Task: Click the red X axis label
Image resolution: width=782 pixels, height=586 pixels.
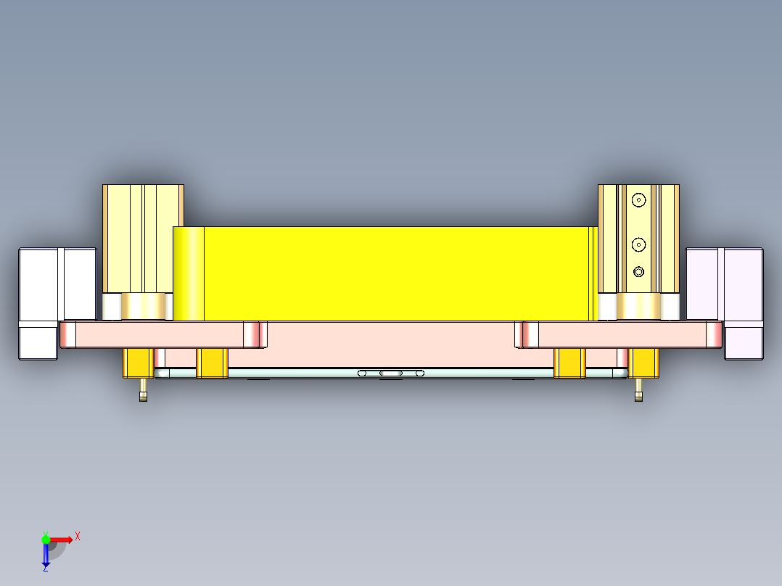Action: pyautogui.click(x=78, y=536)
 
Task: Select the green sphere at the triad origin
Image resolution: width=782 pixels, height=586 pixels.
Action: pyautogui.click(x=46, y=540)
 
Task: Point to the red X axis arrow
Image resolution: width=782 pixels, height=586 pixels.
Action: pyautogui.click(x=62, y=540)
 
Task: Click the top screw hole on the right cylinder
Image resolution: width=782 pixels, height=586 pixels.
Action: pyautogui.click(x=638, y=199)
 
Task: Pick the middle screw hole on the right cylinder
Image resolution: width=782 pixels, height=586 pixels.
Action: pyautogui.click(x=638, y=244)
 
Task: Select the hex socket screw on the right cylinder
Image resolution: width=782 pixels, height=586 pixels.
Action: pyautogui.click(x=638, y=272)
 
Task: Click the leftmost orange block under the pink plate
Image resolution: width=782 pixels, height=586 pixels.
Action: pyautogui.click(x=138, y=363)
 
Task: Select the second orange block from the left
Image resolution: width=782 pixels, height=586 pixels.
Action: pyautogui.click(x=213, y=363)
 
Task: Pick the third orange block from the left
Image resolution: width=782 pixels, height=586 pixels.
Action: pyautogui.click(x=569, y=363)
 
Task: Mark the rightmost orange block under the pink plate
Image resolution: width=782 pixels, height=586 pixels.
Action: pyautogui.click(x=643, y=363)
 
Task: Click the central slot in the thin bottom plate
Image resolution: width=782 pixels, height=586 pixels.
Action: pyautogui.click(x=391, y=374)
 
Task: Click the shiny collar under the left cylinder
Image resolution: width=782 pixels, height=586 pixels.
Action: pyautogui.click(x=142, y=306)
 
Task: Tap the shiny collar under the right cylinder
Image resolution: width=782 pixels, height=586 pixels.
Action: pyautogui.click(x=639, y=306)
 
